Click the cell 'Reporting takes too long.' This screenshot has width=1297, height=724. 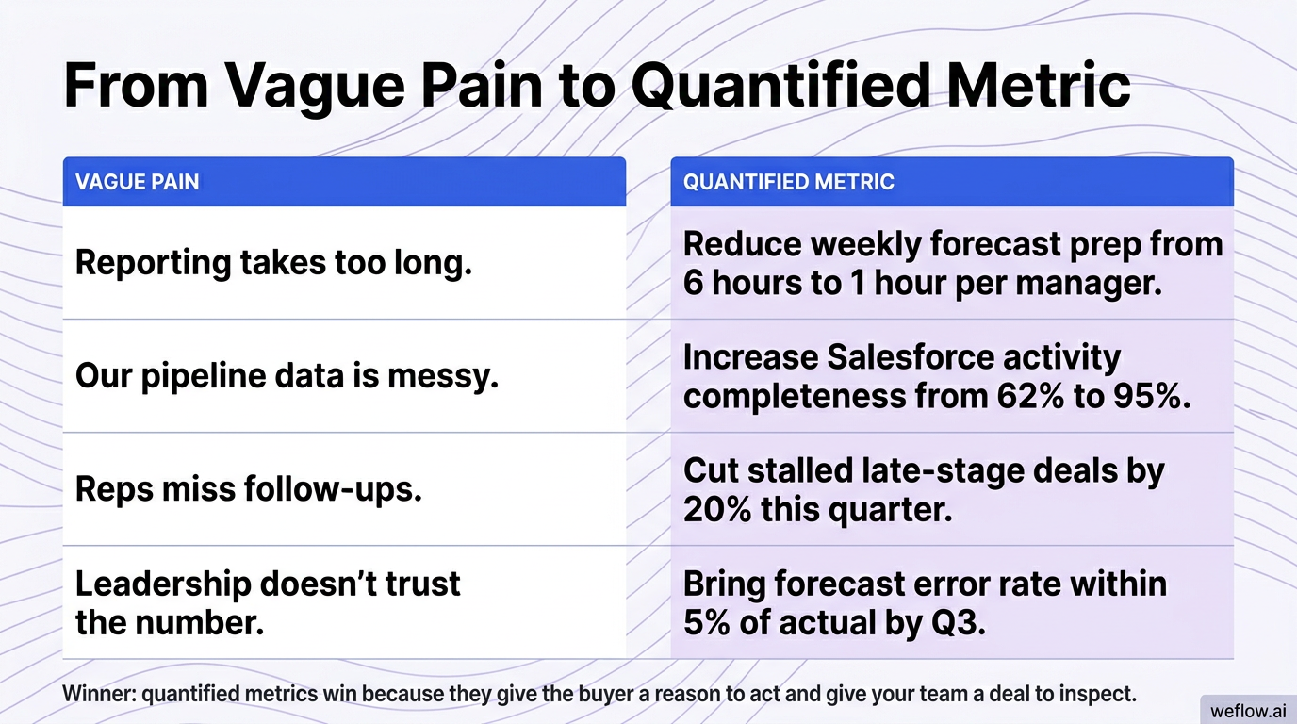(x=273, y=262)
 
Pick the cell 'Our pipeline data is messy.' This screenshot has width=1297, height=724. (x=287, y=377)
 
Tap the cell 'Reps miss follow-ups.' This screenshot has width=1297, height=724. (x=248, y=489)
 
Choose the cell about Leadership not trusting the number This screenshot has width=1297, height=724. (x=268, y=602)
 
